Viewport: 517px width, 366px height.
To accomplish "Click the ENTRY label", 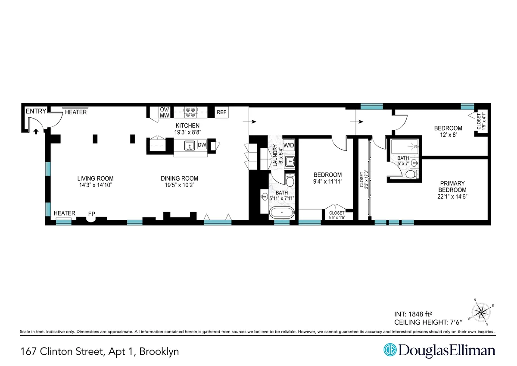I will point(35,112).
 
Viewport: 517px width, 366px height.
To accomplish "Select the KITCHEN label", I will point(187,125).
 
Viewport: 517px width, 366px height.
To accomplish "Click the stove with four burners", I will point(191,113).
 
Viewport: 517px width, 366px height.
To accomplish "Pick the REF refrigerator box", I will point(221,113).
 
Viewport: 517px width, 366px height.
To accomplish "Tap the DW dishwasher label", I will point(202,145).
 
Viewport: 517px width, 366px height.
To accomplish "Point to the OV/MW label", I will point(165,113).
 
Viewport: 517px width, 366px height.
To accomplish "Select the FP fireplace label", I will point(92,213).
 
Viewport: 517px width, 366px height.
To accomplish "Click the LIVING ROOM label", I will point(96,178).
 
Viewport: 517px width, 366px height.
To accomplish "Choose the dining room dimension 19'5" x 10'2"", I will point(179,185).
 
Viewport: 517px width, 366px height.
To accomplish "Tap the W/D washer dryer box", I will point(289,145).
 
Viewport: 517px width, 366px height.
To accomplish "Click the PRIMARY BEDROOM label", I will point(452,186).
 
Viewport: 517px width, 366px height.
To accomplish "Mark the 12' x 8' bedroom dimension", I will point(448,135).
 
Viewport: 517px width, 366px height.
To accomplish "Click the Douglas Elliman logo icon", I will point(390,350).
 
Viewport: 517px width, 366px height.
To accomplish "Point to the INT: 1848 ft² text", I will point(417,314).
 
